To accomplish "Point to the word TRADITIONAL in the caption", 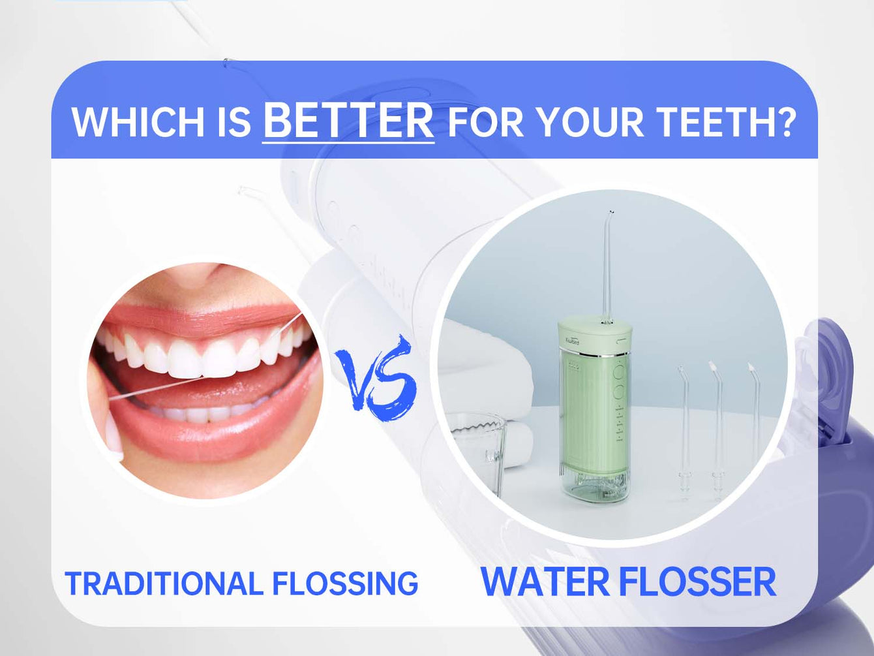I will point(163,583).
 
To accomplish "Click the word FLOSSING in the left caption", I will point(345,583).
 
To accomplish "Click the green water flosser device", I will point(594,405).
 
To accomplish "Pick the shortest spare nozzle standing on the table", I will point(684,424).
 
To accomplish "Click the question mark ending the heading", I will point(785,122).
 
